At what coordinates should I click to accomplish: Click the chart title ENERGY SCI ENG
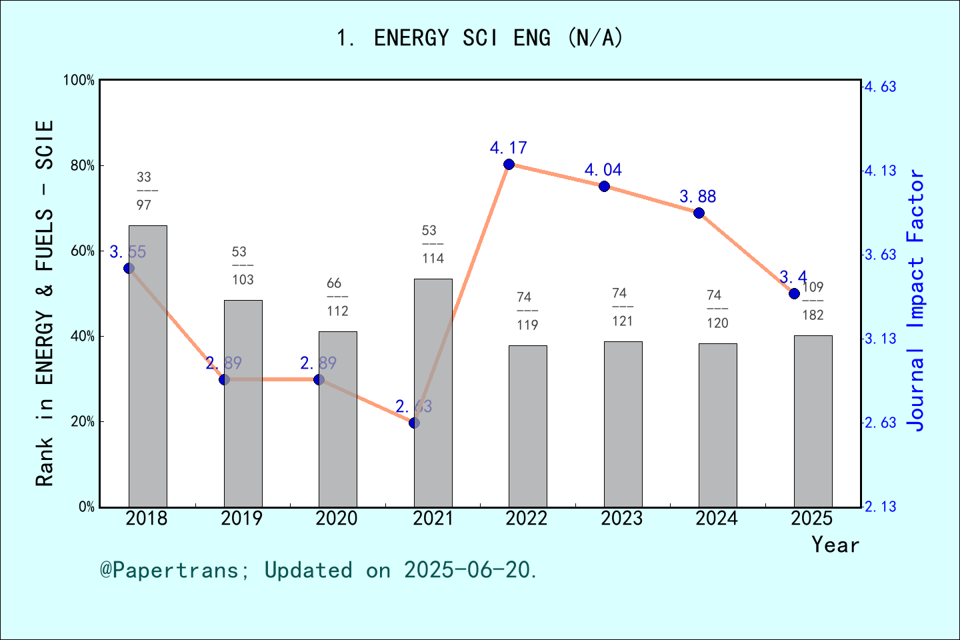(x=479, y=38)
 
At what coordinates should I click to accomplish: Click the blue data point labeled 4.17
(x=509, y=165)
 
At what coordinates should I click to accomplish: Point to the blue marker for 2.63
(x=414, y=423)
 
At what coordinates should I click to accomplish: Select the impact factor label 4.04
(x=603, y=170)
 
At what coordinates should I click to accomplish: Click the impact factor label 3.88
(x=697, y=197)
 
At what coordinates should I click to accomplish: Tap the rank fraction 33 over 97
(x=144, y=191)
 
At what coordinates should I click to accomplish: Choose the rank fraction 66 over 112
(x=337, y=297)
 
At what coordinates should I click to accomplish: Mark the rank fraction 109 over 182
(x=813, y=301)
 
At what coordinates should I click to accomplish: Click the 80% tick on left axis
(x=83, y=166)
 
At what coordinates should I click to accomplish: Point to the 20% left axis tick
(x=83, y=422)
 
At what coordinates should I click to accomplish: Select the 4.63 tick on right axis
(x=880, y=87)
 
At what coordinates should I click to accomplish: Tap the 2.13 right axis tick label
(x=880, y=507)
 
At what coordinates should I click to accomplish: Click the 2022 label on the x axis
(x=526, y=519)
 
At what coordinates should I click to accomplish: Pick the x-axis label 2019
(x=241, y=519)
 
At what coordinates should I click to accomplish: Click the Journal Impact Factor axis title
(x=916, y=300)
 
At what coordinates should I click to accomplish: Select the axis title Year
(x=835, y=545)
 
